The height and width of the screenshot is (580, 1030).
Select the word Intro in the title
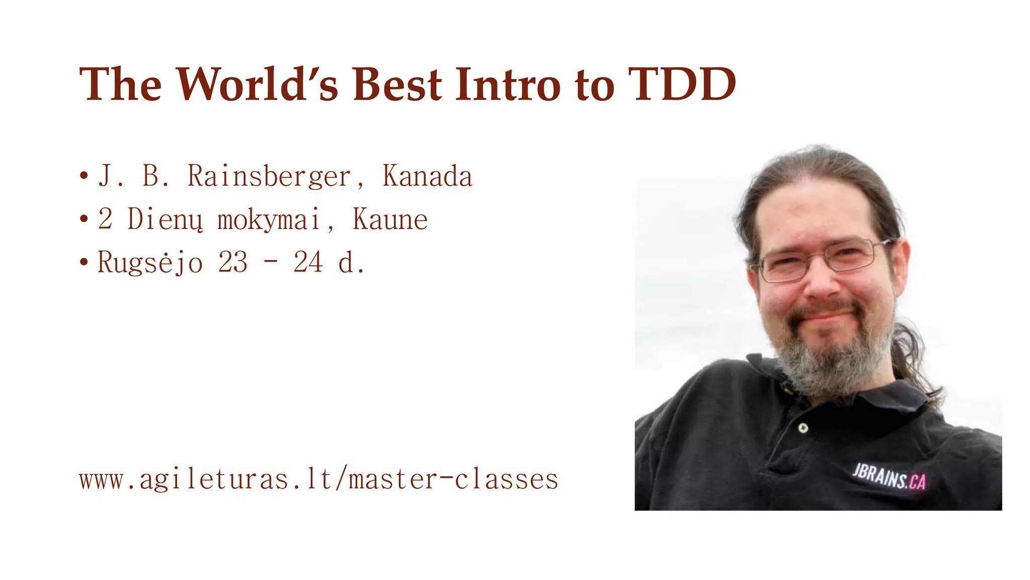tap(507, 84)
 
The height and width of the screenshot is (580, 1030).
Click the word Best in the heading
tap(397, 84)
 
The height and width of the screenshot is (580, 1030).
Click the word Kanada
tap(427, 176)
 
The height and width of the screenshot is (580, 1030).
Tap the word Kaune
tap(390, 220)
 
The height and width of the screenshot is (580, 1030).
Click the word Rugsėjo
tap(150, 263)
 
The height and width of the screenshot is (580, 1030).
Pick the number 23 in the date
tap(232, 262)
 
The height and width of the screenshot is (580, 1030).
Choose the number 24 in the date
tap(308, 262)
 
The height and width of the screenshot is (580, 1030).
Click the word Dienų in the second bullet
tap(165, 220)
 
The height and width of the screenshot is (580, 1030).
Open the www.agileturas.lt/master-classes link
tap(318, 479)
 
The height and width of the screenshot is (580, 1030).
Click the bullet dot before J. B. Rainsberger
tap(84, 176)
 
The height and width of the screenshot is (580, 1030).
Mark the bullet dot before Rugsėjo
tap(84, 262)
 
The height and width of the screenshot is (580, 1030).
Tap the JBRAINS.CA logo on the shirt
tap(889, 477)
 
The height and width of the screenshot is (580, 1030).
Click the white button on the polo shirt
tap(803, 428)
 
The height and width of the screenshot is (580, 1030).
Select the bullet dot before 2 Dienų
tap(84, 220)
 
